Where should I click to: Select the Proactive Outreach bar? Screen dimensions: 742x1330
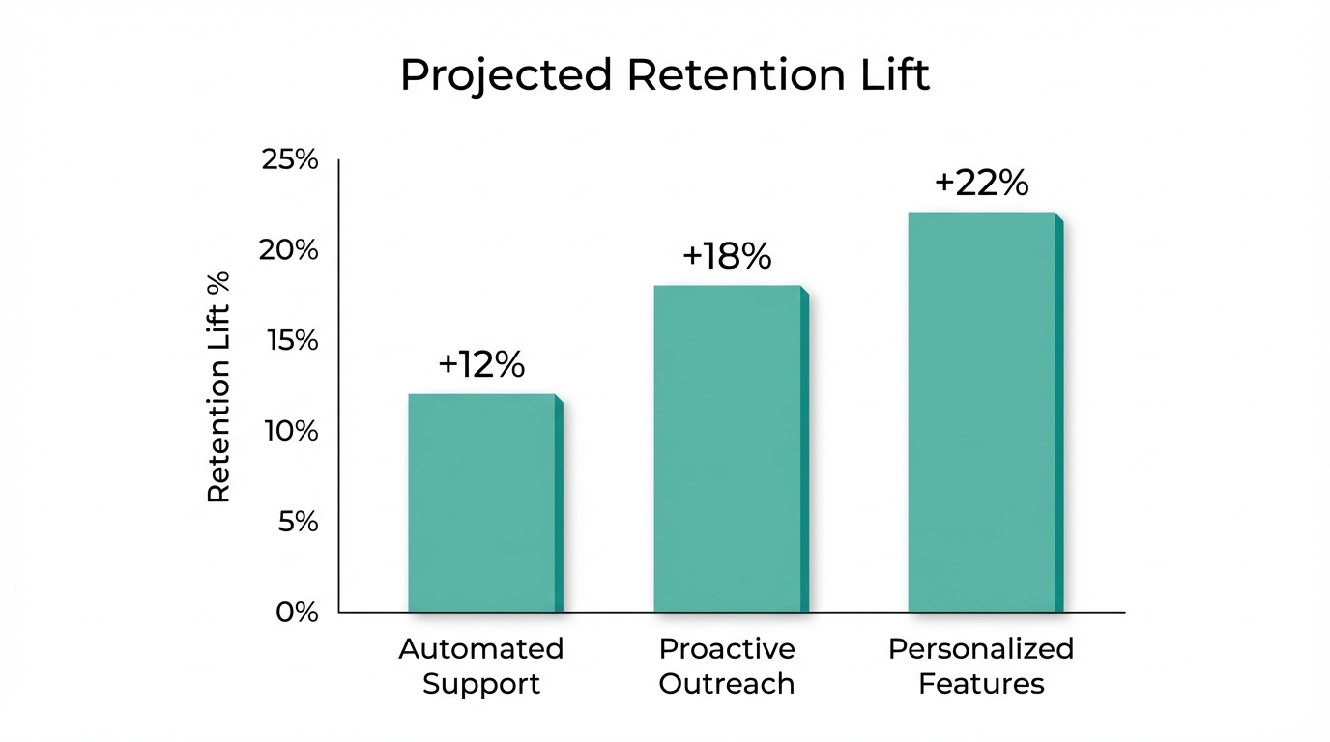[728, 449]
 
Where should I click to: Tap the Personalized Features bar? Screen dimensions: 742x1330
[982, 413]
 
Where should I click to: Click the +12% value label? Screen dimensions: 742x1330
[481, 364]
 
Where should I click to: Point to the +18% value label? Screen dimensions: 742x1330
[727, 256]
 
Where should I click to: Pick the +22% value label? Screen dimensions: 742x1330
[981, 183]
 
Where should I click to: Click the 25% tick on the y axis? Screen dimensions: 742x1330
[290, 159]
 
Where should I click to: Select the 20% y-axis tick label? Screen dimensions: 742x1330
[290, 250]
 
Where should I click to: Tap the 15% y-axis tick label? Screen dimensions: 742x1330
[290, 341]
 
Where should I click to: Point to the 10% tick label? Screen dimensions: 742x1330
[290, 431]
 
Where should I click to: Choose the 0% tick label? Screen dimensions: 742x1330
[296, 612]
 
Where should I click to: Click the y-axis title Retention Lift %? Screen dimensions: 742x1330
[219, 386]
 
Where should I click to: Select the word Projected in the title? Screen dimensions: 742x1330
[506, 75]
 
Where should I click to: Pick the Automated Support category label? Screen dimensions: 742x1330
[481, 666]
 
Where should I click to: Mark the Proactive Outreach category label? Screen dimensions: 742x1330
[727, 666]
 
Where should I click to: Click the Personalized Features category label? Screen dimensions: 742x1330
[981, 666]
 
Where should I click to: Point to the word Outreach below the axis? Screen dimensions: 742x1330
[727, 684]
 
